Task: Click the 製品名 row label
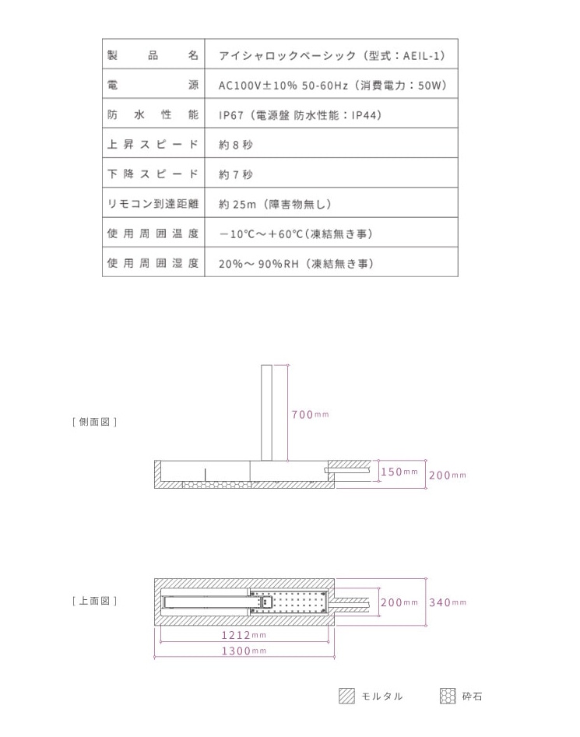[153, 56]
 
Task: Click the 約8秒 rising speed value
[236, 145]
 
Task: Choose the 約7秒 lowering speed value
[236, 174]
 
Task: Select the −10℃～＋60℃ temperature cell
[295, 233]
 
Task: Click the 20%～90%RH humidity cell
[296, 263]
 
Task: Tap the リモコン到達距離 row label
[153, 204]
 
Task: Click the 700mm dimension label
[310, 414]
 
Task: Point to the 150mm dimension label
[399, 472]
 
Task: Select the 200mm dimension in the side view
[447, 475]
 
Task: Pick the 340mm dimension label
[447, 602]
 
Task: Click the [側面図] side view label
[94, 422]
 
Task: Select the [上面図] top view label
[94, 601]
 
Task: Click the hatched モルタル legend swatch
[346, 697]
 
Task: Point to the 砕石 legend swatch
[447, 697]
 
